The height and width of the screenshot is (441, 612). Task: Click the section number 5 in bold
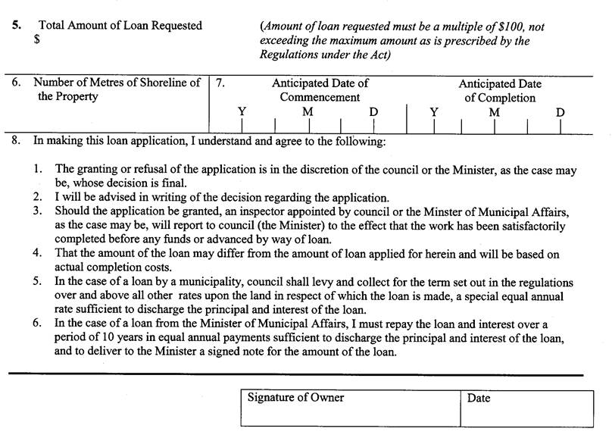point(16,25)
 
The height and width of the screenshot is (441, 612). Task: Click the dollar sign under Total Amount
point(36,40)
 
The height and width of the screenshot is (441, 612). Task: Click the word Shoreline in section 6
point(164,83)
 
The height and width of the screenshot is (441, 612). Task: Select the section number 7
point(220,83)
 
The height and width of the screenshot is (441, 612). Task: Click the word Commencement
point(320,97)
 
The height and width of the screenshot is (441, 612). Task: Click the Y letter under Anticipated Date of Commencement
point(242,112)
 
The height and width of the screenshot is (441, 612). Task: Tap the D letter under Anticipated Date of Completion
point(560,112)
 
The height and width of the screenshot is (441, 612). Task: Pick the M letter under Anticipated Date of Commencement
point(307,112)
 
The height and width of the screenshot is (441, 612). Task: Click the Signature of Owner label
point(295,398)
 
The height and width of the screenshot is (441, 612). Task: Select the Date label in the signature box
point(479,398)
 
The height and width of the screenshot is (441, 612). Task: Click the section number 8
point(16,141)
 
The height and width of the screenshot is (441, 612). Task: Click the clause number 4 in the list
point(37,254)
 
